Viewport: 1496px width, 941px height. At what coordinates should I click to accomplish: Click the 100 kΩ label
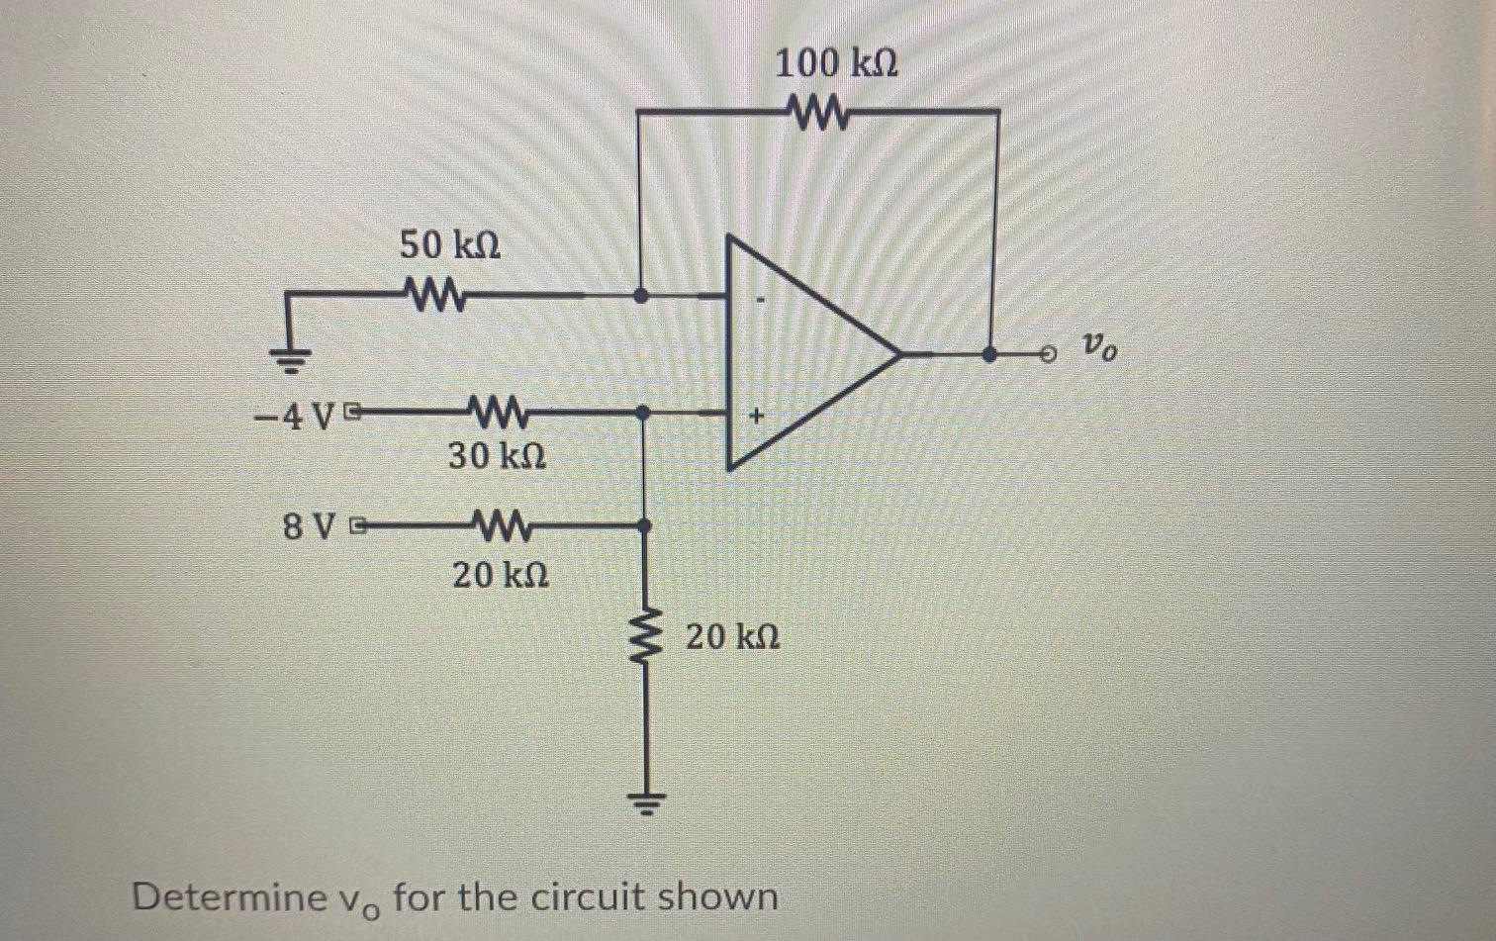pyautogui.click(x=836, y=64)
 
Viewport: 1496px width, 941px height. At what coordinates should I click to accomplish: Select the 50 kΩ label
pyautogui.click(x=449, y=243)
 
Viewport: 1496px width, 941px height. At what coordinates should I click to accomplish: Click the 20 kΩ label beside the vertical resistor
pyautogui.click(x=733, y=636)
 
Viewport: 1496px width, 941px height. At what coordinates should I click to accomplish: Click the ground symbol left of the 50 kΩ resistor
pyautogui.click(x=288, y=361)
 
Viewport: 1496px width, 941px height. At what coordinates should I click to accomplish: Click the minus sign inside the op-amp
pyautogui.click(x=760, y=297)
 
